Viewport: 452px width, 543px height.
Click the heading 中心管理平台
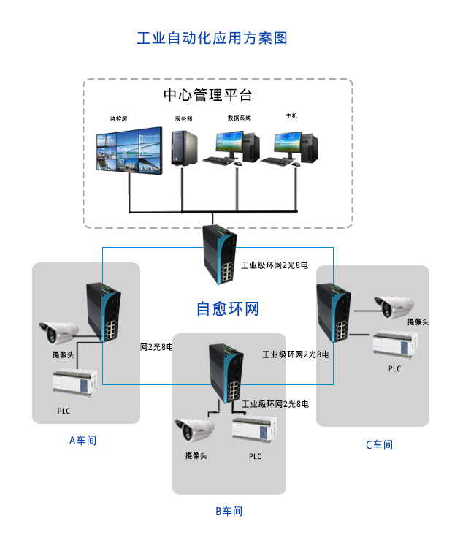[x=207, y=96]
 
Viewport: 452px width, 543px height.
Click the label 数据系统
[x=239, y=118]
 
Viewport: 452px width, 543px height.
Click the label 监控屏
[x=118, y=118]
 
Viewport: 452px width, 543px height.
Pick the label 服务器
[x=183, y=118]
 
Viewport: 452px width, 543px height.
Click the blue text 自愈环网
[x=228, y=308]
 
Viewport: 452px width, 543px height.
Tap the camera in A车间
[x=59, y=330]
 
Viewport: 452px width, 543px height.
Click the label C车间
[x=379, y=444]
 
